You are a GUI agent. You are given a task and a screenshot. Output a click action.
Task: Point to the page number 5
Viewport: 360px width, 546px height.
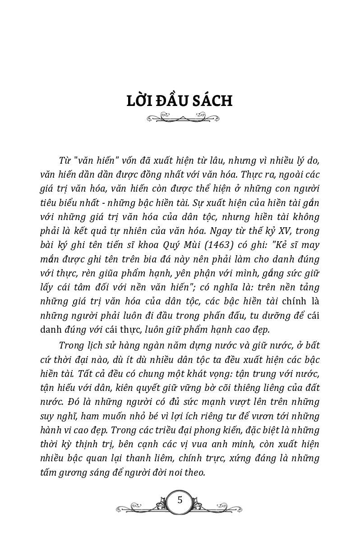(x=180, y=500)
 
